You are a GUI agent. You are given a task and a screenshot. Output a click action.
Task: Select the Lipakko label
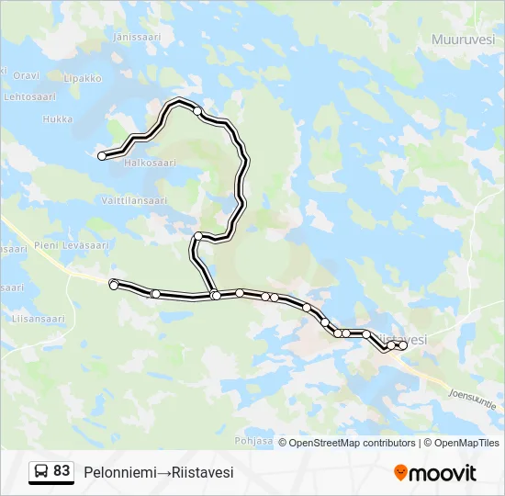[x=83, y=79]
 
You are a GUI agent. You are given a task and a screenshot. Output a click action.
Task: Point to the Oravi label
[x=27, y=75]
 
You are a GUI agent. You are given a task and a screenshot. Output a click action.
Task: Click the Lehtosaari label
[x=26, y=96]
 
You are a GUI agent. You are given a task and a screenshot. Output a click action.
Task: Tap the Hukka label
[x=57, y=119]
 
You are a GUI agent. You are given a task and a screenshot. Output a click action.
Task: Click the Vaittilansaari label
[x=134, y=200]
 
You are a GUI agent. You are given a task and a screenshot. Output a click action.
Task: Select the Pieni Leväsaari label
[x=60, y=245]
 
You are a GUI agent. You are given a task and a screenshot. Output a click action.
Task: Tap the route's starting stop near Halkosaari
[x=102, y=156]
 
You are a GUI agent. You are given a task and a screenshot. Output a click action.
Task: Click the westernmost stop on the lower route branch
[x=114, y=286]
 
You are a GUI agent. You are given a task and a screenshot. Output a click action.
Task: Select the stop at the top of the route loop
[x=197, y=111]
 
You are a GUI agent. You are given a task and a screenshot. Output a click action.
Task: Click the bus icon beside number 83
[x=41, y=471]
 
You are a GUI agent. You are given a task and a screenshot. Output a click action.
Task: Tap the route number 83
[x=62, y=471]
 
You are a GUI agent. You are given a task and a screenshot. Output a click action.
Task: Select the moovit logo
[x=435, y=472]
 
